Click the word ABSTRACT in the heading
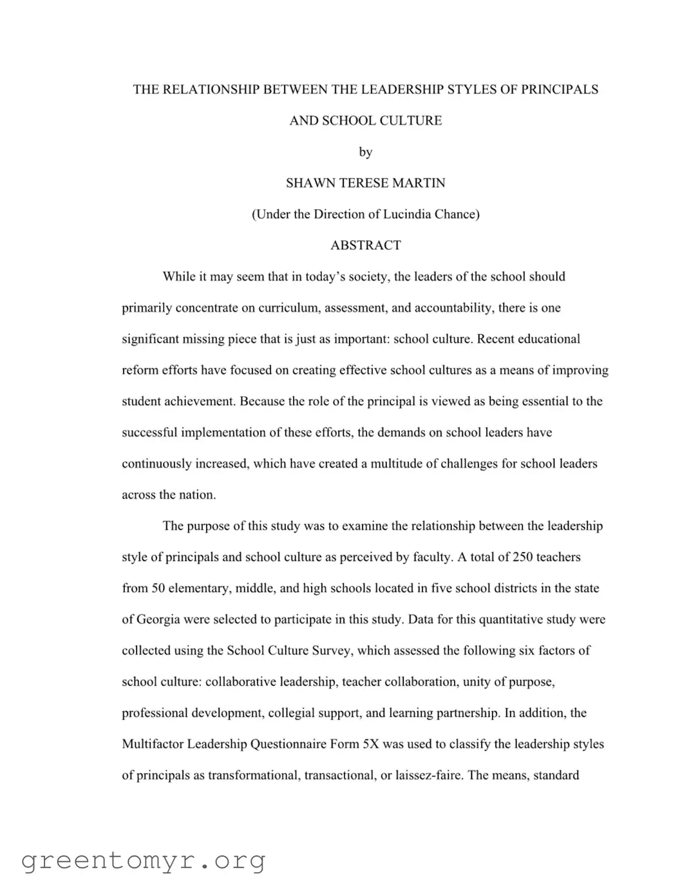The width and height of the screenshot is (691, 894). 365,245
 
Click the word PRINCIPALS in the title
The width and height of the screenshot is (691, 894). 559,90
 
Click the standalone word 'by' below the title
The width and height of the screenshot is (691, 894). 365,152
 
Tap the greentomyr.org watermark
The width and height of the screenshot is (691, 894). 144,861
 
